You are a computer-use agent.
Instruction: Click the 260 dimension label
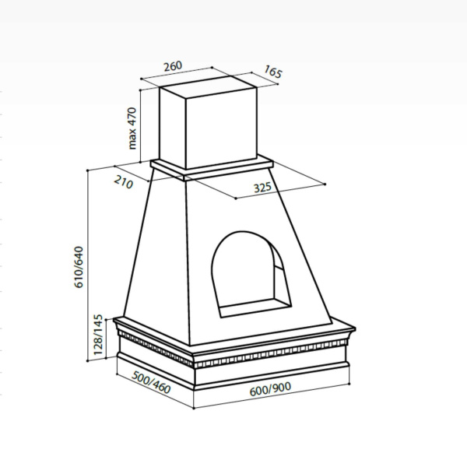coord(173,66)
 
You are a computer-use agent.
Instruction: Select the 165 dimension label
coord(273,72)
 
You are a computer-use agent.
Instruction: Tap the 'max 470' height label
coord(132,128)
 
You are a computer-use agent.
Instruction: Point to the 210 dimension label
coord(124,181)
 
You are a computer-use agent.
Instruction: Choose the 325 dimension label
coord(262,188)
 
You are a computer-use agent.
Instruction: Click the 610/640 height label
coord(79,267)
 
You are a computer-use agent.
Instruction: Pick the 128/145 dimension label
coord(98,335)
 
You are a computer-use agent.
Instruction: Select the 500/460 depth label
coord(151,382)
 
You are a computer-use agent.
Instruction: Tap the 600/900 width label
coord(270,388)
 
